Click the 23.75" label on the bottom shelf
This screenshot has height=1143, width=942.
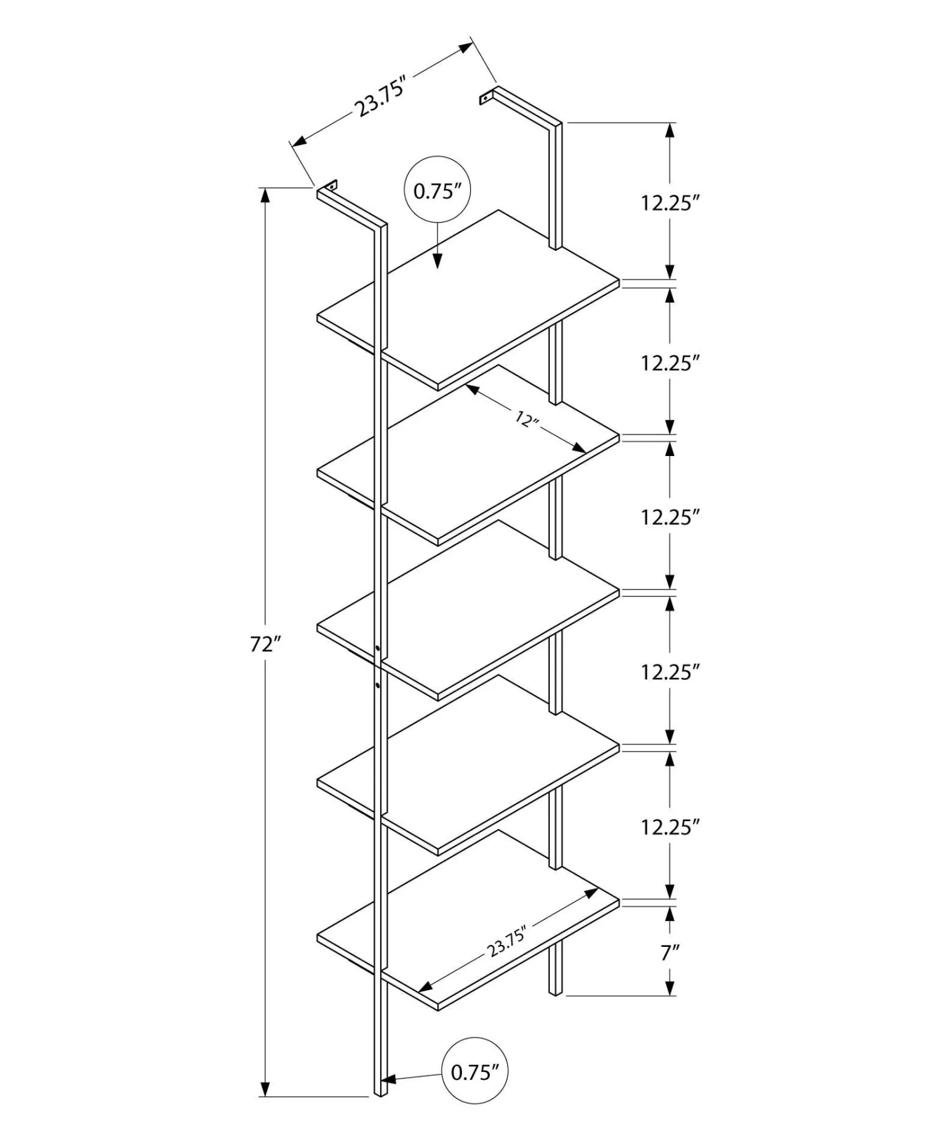tap(508, 942)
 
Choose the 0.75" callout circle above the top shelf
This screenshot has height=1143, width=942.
tap(437, 190)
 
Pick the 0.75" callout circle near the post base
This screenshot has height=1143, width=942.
tap(475, 1071)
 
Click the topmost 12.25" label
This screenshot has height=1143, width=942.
tap(670, 203)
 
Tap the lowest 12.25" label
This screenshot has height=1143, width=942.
tap(670, 827)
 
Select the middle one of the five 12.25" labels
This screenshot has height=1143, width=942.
tap(670, 517)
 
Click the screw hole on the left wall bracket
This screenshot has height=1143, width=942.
tap(332, 185)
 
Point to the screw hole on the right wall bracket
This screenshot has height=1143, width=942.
tap(485, 99)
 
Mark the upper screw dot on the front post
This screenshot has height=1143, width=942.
tap(377, 647)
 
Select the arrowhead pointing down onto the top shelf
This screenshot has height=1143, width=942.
tap(437, 261)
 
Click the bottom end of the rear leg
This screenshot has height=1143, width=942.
tap(556, 993)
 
